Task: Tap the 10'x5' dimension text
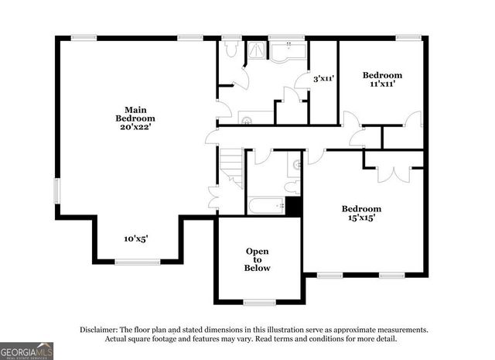pyautogui.click(x=136, y=239)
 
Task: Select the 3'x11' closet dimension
pyautogui.click(x=323, y=78)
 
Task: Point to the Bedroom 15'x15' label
pyautogui.click(x=362, y=214)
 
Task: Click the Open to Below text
pyautogui.click(x=258, y=259)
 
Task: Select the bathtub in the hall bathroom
pyautogui.click(x=265, y=207)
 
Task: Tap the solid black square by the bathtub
pyautogui.click(x=293, y=207)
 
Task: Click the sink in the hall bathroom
pyautogui.click(x=294, y=165)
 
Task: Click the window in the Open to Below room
pyautogui.click(x=260, y=302)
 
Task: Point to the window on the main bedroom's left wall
pyautogui.click(x=56, y=190)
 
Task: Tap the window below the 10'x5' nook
pyautogui.click(x=137, y=262)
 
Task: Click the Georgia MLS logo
pyautogui.click(x=26, y=351)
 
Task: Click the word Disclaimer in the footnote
pyautogui.click(x=98, y=330)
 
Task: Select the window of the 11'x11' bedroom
pyautogui.click(x=409, y=37)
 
